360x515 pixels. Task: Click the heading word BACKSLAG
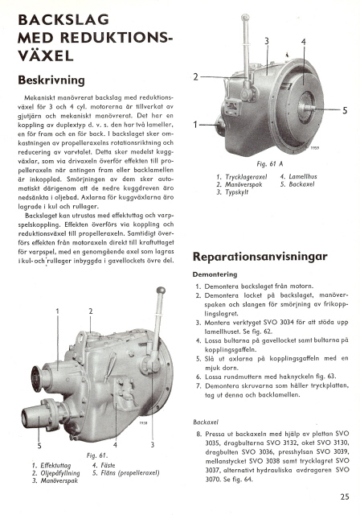pos(63,20)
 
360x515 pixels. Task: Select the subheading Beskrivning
pos(51,80)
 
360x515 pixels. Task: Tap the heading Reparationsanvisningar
pos(260,256)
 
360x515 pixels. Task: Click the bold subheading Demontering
pos(215,274)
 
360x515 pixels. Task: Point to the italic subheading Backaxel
pos(206,422)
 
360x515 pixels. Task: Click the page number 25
pos(345,496)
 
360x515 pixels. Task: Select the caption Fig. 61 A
pos(269,164)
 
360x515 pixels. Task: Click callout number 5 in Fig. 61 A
pos(345,111)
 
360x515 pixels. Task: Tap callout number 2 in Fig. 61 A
pos(196,77)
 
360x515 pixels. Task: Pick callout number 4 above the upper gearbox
pos(304,42)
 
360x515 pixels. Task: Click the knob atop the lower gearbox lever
pos(161,290)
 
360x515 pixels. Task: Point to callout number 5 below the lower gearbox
pos(39,446)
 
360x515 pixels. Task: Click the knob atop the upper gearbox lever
pos(245,17)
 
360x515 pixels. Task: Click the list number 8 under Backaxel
pos(198,435)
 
